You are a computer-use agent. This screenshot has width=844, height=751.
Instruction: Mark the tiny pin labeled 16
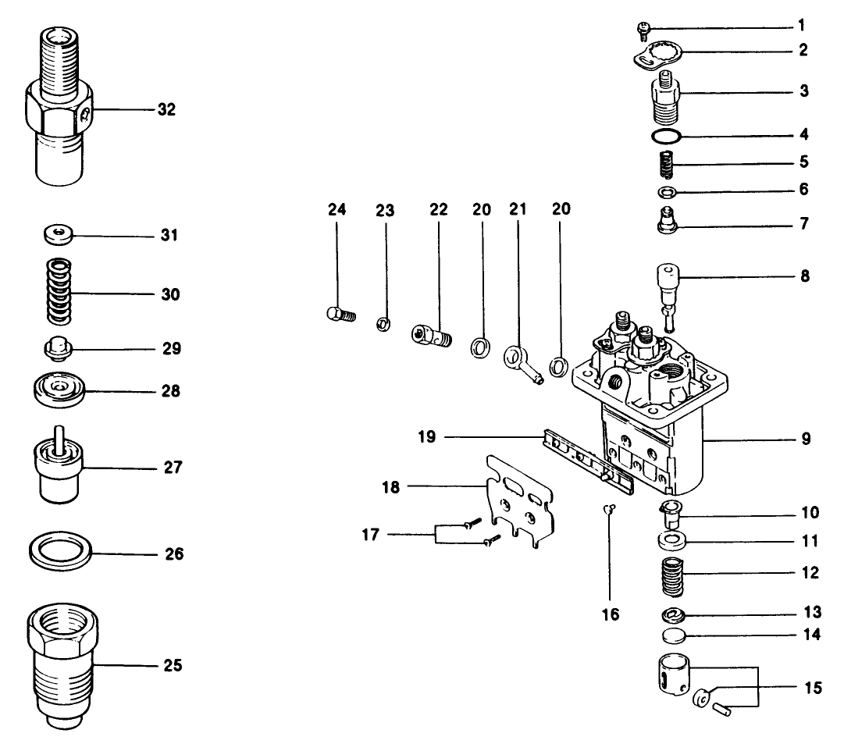[x=610, y=510]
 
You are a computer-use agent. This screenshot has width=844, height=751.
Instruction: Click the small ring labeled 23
[x=383, y=322]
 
